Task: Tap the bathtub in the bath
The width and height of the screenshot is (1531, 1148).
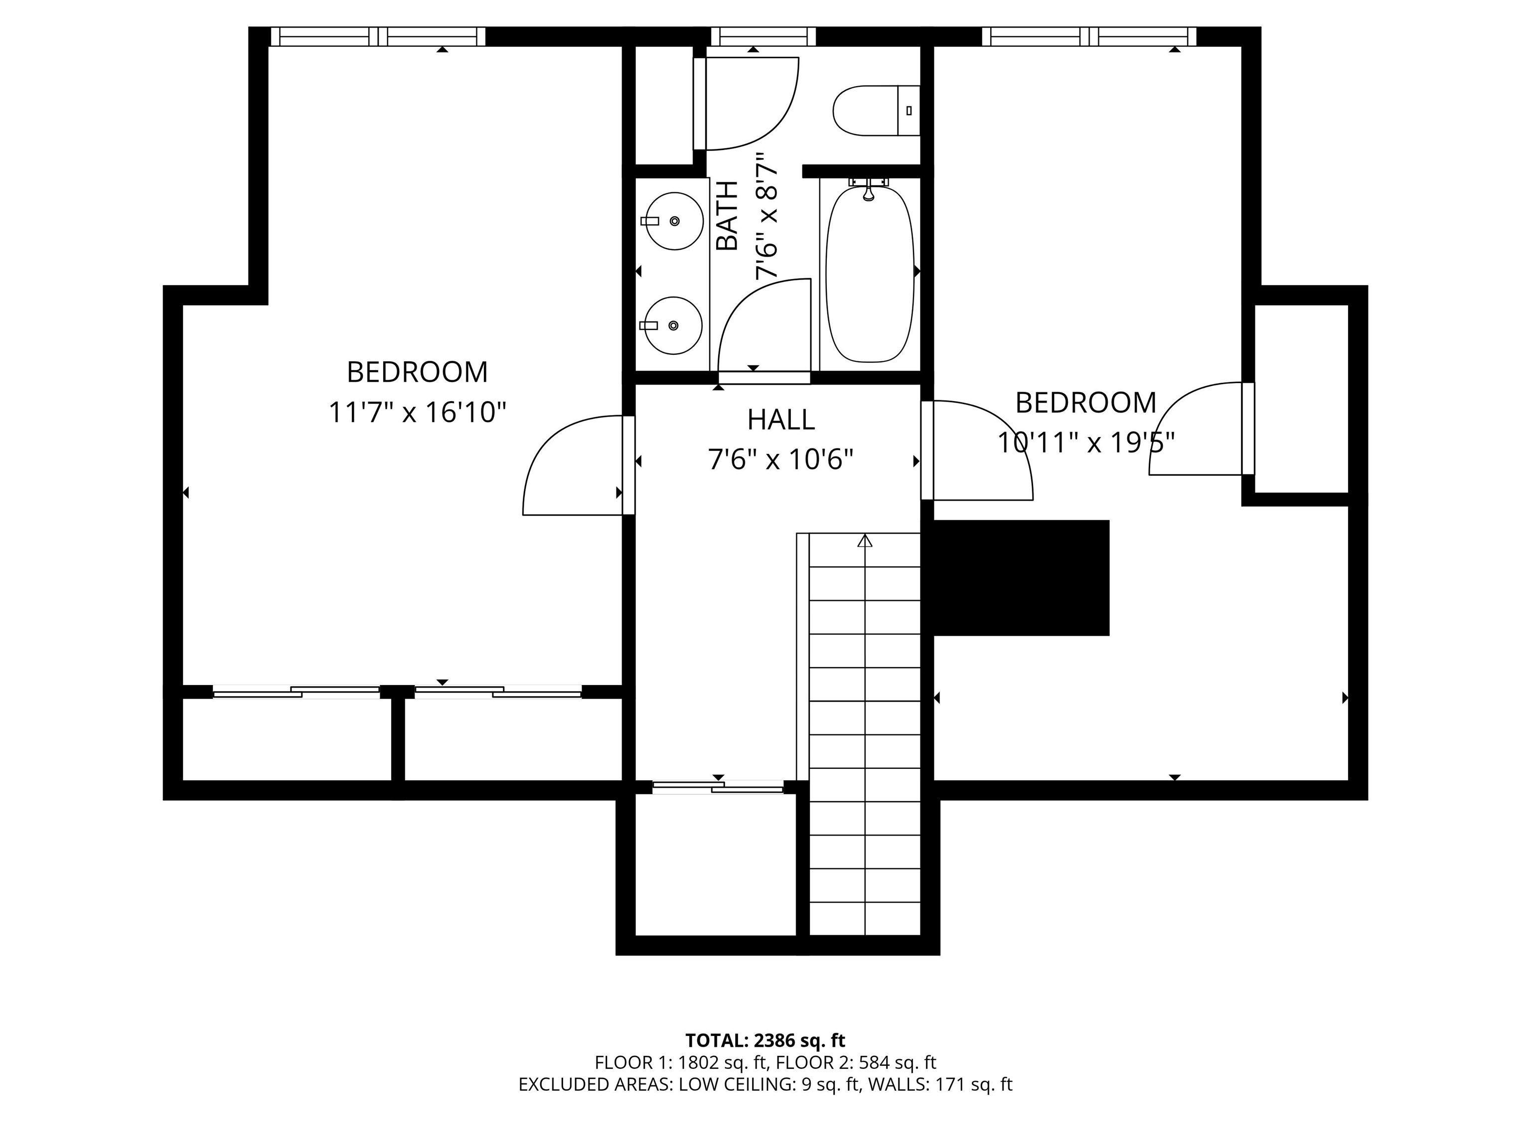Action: pos(869,274)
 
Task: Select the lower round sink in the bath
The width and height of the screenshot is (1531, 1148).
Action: pos(673,325)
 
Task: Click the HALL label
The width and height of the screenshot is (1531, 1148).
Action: pos(781,420)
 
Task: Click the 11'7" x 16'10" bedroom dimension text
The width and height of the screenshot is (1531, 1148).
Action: pos(417,413)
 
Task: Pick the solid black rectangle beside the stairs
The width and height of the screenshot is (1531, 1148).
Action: pos(1021,578)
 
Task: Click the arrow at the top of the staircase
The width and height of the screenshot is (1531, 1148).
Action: pos(865,541)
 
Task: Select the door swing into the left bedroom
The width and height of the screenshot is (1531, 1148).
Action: pos(568,470)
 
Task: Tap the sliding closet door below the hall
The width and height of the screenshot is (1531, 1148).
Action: pos(718,787)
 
